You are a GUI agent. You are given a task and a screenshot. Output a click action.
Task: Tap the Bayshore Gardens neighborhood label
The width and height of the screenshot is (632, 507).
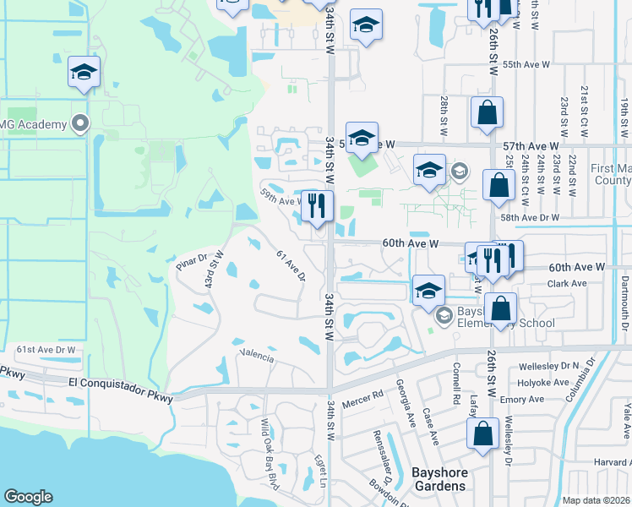pyautogui.click(x=439, y=479)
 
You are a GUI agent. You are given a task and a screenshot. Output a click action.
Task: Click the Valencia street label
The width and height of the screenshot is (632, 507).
pyautogui.click(x=257, y=356)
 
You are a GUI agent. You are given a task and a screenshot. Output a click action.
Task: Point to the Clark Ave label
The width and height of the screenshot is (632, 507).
pyautogui.click(x=567, y=284)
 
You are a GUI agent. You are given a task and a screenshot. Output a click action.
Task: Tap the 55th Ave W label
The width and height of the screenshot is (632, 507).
pyautogui.click(x=526, y=64)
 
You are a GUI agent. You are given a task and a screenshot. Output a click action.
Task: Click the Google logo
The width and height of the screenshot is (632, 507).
pyautogui.click(x=28, y=497)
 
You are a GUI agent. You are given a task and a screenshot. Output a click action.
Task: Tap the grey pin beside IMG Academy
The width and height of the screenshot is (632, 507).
pyautogui.click(x=81, y=124)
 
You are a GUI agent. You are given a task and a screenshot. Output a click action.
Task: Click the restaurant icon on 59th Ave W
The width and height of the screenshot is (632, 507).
pyautogui.click(x=317, y=206)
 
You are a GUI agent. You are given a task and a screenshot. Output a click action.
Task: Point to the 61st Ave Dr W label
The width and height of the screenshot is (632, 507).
pyautogui.click(x=46, y=349)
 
